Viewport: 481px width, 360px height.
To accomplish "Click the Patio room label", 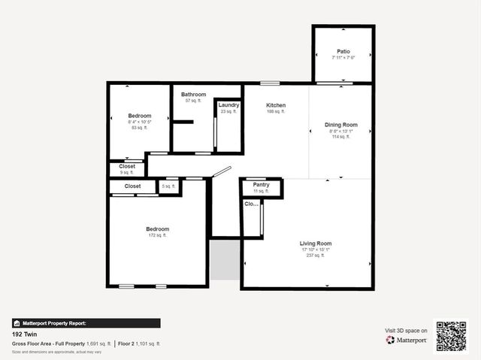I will pyautogui.click(x=343, y=52).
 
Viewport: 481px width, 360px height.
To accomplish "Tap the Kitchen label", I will pyautogui.click(x=276, y=105).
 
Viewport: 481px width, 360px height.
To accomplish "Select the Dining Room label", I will pyautogui.click(x=340, y=125).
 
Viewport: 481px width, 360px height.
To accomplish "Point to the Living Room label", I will pyautogui.click(x=316, y=244).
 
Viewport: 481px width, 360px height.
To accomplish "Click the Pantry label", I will pyautogui.click(x=261, y=185).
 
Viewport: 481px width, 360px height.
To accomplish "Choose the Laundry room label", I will pyautogui.click(x=228, y=105).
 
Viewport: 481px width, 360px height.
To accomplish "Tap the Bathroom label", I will pyautogui.click(x=193, y=95).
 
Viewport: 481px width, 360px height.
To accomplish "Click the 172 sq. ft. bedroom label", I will pyautogui.click(x=157, y=235).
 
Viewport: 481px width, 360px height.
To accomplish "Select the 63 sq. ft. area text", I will pyautogui.click(x=139, y=128).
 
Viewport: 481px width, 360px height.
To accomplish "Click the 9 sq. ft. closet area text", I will pyautogui.click(x=127, y=173).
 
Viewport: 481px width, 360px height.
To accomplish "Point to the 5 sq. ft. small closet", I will pyautogui.click(x=169, y=186).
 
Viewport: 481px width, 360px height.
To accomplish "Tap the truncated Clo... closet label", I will pyautogui.click(x=251, y=204).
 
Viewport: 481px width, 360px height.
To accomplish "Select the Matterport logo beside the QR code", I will pyautogui.click(x=407, y=340).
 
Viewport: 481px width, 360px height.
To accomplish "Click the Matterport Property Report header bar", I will pyautogui.click(x=86, y=323).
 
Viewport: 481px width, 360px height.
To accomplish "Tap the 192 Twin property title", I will pyautogui.click(x=24, y=334).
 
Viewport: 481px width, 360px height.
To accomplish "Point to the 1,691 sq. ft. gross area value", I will pyautogui.click(x=98, y=343).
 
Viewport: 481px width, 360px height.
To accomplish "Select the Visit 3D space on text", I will pyautogui.click(x=406, y=331).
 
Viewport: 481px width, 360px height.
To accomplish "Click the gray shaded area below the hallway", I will pyautogui.click(x=224, y=259).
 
